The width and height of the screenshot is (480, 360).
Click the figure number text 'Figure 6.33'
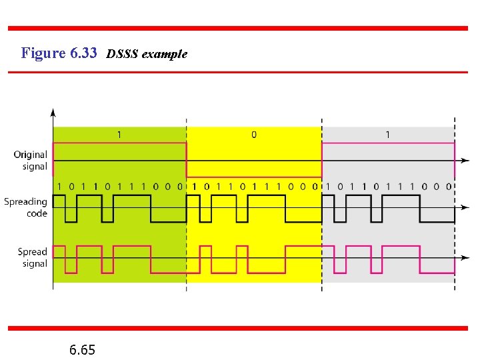[x=59, y=53]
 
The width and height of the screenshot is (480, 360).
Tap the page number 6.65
[x=82, y=349]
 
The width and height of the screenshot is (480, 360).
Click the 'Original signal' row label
[x=31, y=161]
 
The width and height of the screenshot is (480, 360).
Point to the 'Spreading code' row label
[x=26, y=207]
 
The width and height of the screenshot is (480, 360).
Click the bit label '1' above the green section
[x=119, y=135]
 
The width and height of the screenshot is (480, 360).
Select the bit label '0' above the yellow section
[x=254, y=135]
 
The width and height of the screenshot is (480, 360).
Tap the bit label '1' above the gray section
[x=388, y=135]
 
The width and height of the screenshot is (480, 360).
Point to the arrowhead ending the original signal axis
[x=464, y=161]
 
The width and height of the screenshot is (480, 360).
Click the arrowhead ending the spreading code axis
[x=464, y=207]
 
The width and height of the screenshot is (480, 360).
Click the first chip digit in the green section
[x=59, y=187]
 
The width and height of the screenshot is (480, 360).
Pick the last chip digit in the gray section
[x=449, y=187]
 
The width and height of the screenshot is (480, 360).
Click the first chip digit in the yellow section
[x=195, y=187]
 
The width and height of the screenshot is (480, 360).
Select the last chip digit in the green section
[x=180, y=187]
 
